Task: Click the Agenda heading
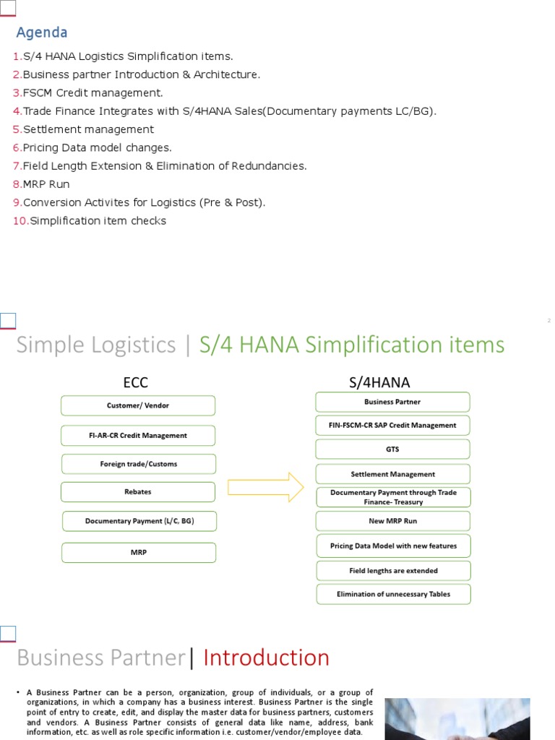42,33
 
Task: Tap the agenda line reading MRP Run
46,184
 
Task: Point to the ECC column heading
136,382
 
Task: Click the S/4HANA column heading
379,382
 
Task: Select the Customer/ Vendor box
138,405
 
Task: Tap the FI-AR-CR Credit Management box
138,436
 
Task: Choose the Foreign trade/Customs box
138,464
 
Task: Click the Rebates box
138,492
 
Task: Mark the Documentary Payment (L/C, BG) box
139,521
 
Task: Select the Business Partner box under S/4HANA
392,402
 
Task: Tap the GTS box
392,449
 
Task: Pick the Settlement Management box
392,474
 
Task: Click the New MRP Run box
392,520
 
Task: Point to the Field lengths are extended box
394,570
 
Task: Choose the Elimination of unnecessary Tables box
394,594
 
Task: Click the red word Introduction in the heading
266,658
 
